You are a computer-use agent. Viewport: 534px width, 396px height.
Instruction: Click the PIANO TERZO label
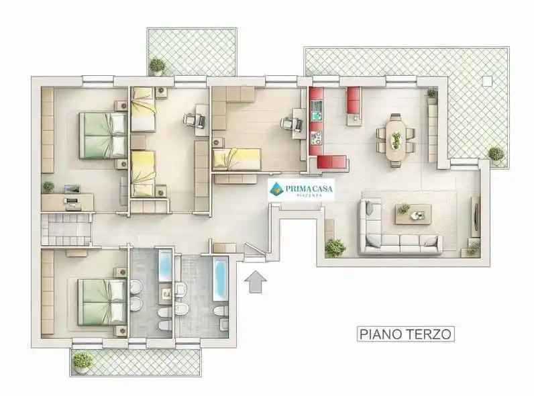406,334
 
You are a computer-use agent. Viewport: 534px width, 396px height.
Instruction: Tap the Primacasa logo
301,189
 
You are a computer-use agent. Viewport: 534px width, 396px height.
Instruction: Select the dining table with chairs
396,140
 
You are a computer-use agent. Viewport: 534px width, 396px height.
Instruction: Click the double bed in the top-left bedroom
103,135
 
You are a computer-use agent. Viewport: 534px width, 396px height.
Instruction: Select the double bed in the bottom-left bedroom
102,301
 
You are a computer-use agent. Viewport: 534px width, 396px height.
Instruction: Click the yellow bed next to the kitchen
236,158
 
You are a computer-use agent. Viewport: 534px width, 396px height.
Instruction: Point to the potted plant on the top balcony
158,65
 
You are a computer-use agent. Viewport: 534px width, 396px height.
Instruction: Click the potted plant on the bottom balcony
83,360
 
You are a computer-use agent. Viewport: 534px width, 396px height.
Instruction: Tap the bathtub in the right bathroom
220,279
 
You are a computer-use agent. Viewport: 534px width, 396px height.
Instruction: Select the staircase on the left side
66,230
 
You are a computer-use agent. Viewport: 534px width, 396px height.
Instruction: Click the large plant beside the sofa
335,247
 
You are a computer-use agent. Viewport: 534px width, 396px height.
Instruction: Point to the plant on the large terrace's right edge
496,154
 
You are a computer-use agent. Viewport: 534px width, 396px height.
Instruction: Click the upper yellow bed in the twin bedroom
143,115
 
